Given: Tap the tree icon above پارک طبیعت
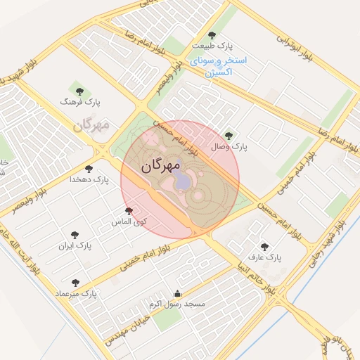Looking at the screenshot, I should [x=212, y=35].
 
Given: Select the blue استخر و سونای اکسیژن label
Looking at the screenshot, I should [x=218, y=66].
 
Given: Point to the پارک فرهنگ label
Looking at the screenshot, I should [x=81, y=103].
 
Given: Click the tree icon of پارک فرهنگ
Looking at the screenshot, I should [x=79, y=91].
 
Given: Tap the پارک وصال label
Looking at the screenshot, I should [x=230, y=147].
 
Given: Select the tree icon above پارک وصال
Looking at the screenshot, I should [x=228, y=135].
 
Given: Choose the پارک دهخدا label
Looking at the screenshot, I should [x=89, y=179].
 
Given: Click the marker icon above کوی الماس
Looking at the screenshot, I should [x=128, y=211].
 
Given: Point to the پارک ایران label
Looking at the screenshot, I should [x=76, y=246].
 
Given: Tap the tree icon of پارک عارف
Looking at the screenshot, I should [x=264, y=247].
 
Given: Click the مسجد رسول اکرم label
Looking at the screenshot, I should [x=176, y=304].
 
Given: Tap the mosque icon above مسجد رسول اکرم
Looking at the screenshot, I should [x=176, y=294].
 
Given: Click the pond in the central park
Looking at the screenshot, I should [x=183, y=181].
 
